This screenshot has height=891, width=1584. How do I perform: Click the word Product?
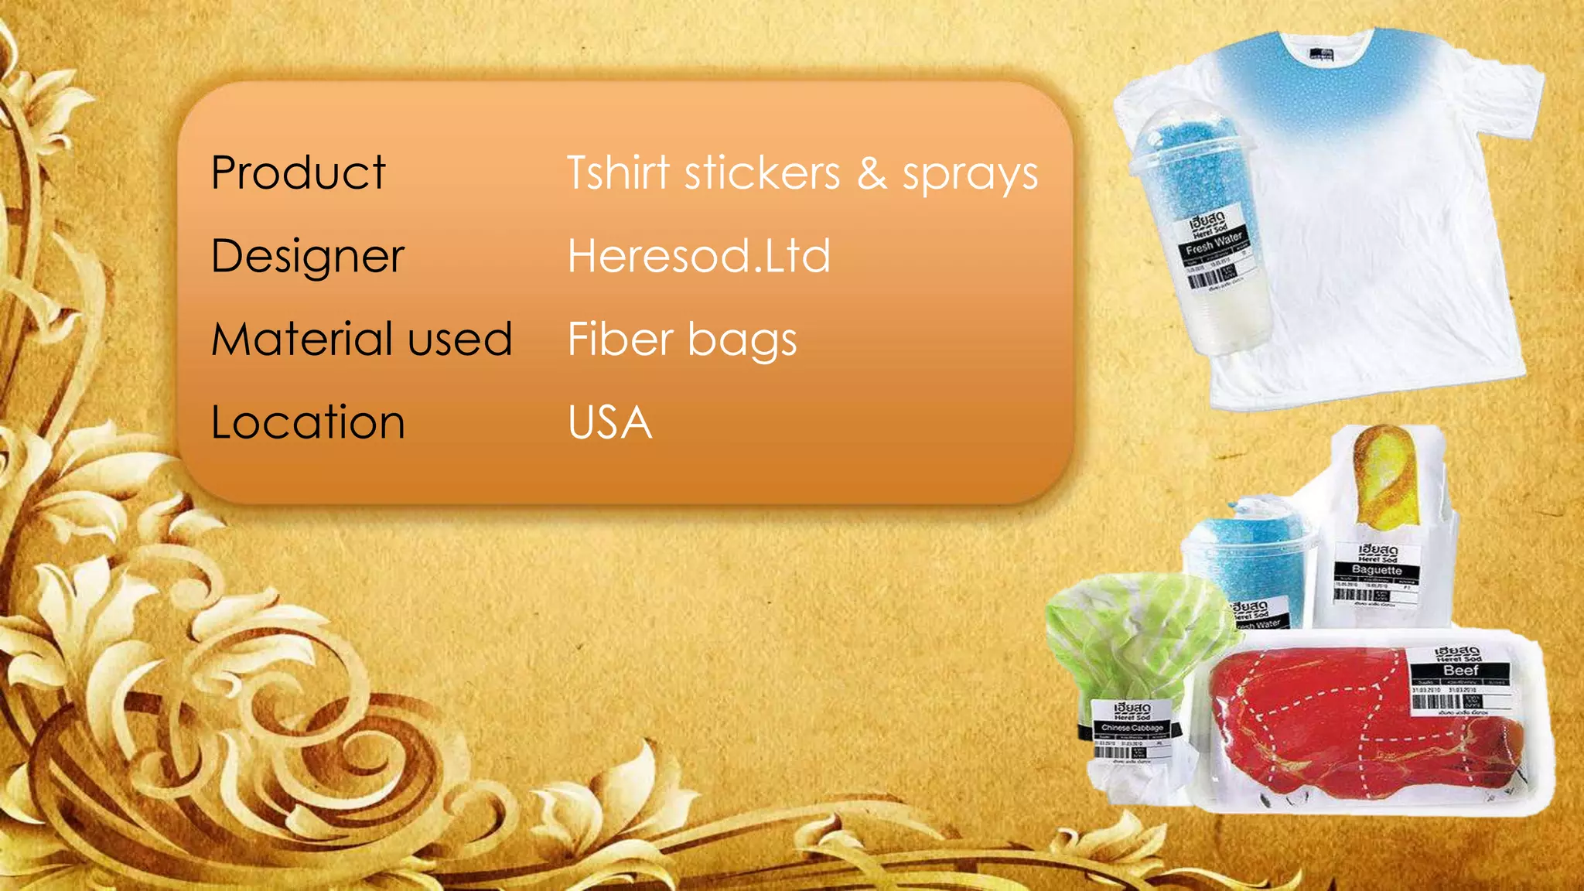tap(298, 172)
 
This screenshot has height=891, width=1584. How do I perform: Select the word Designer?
tap(308, 257)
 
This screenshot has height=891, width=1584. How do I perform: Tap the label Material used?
tap(362, 340)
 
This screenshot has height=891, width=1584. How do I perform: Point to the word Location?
tap(308, 423)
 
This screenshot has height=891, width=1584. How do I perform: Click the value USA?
tap(609, 423)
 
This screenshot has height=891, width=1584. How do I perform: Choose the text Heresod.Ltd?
tap(698, 256)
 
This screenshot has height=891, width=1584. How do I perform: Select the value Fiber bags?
tap(682, 340)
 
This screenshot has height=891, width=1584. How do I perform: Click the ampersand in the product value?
tap(871, 172)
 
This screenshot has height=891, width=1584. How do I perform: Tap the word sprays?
tap(970, 175)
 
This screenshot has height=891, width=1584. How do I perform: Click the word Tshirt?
tap(618, 172)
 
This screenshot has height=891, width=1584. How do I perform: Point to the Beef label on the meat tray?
tap(1460, 671)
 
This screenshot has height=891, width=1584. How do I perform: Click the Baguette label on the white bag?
tap(1377, 570)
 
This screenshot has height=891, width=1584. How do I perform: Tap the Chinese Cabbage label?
tap(1132, 728)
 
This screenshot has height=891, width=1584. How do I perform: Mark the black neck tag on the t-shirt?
tap(1321, 54)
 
